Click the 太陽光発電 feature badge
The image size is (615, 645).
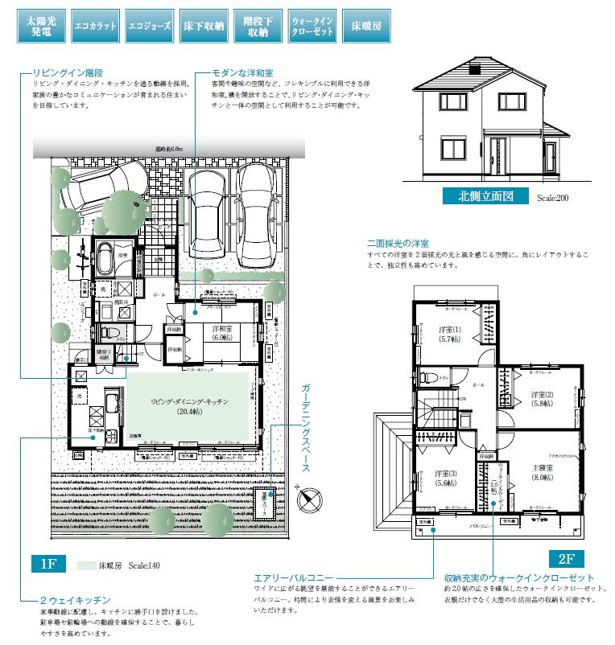37,26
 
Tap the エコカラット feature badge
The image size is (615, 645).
95,26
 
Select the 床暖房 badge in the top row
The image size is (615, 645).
365,26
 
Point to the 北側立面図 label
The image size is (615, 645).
485,195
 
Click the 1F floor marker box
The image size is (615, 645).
47,563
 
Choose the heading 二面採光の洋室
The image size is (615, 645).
398,243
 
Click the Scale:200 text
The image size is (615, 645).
553,197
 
